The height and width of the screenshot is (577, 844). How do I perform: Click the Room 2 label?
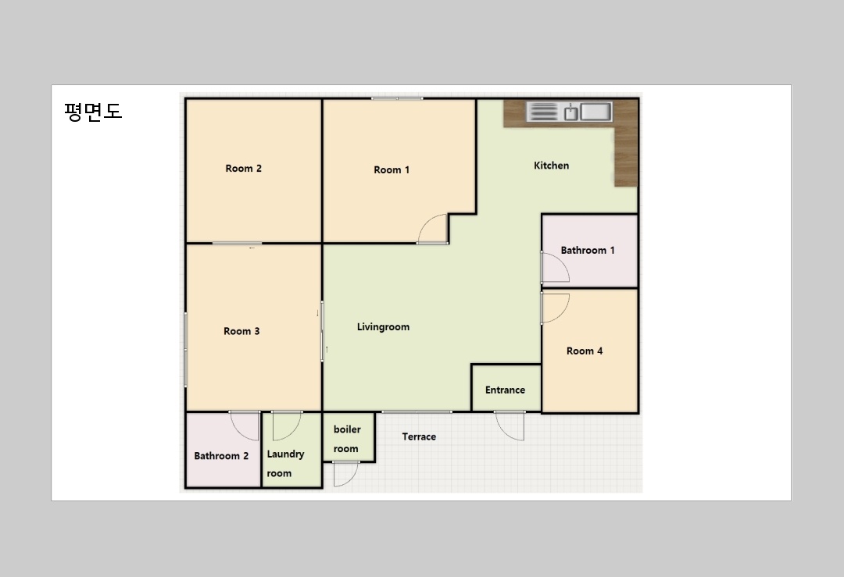pos(243,169)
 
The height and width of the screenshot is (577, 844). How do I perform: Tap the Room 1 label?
pos(392,170)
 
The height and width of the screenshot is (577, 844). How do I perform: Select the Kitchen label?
pos(551,166)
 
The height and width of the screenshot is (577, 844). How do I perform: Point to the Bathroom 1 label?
pos(587,250)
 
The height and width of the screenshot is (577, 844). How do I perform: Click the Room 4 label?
pos(584,351)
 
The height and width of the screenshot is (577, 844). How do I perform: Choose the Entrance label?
pos(505,390)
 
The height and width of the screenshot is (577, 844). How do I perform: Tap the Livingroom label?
pos(383,327)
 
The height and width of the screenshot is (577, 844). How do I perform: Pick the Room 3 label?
pos(241,331)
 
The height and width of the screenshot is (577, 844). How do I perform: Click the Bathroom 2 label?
pos(221,456)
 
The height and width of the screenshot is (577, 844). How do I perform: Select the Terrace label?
pos(419,436)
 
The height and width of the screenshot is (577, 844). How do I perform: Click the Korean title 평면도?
pos(93,112)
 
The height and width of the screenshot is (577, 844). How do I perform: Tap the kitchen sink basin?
pos(595,112)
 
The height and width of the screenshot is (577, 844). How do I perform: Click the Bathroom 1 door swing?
pos(562,260)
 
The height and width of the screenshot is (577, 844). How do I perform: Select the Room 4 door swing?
pos(563,314)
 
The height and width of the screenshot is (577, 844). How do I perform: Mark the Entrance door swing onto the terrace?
pos(502,430)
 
